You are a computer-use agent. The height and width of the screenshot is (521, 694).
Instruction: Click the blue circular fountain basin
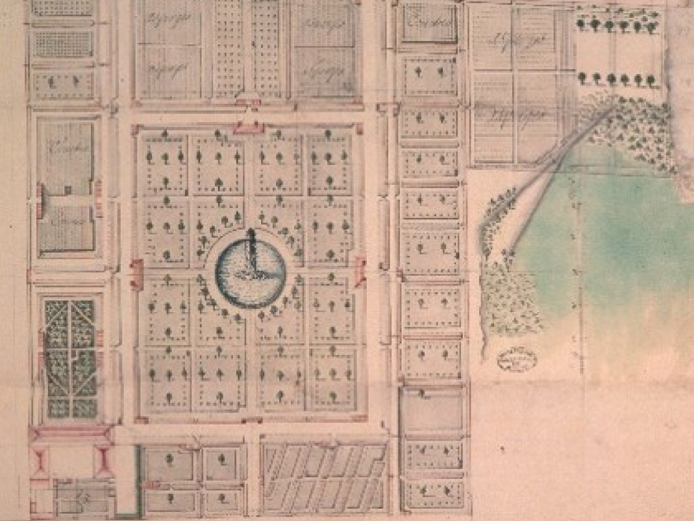[250, 273]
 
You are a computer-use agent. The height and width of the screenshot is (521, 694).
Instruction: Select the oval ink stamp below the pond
[518, 358]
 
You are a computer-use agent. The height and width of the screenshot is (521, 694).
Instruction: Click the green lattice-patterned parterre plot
[71, 358]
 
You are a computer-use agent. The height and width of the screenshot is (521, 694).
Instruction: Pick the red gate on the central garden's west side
[136, 274]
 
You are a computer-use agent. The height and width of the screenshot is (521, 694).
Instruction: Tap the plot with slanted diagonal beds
[323, 476]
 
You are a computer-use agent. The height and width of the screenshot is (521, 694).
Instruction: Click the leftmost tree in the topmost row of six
[582, 25]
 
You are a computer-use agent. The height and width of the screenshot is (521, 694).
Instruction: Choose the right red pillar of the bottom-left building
[103, 461]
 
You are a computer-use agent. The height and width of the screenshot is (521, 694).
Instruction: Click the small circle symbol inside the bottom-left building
[82, 498]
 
